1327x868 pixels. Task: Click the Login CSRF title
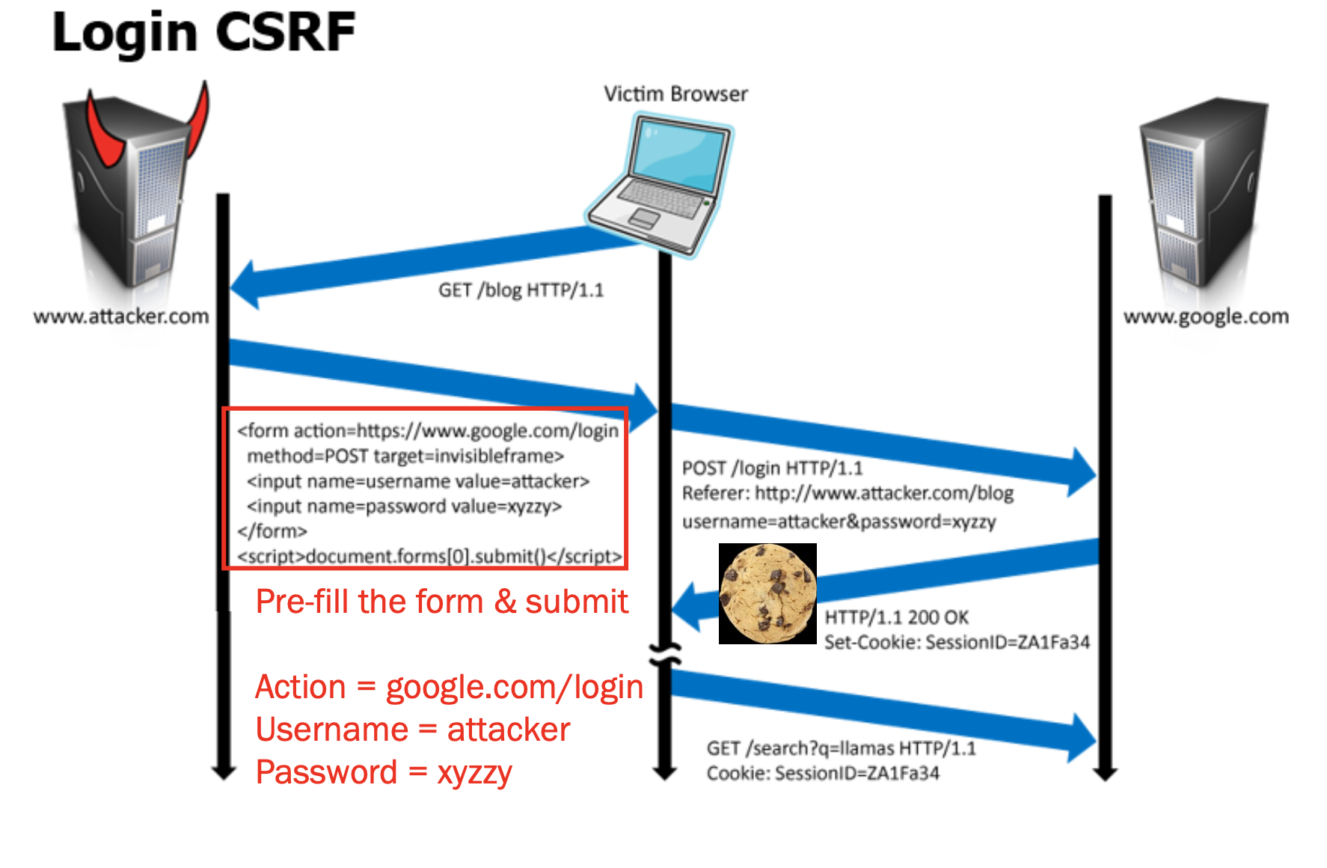tap(203, 33)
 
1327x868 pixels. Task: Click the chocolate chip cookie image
tap(767, 593)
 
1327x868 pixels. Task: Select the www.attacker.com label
tap(121, 317)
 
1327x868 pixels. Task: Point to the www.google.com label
tap(1206, 317)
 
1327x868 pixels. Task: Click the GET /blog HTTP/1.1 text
tap(521, 290)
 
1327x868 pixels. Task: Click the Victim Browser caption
tap(675, 94)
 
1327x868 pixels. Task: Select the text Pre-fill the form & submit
tap(441, 602)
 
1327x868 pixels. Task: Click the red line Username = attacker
tap(413, 730)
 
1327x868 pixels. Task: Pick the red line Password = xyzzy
tap(384, 772)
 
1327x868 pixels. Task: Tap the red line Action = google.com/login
tap(449, 687)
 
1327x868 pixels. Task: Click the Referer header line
tap(848, 494)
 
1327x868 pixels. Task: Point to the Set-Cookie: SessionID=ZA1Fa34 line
tap(957, 642)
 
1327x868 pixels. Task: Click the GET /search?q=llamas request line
tap(841, 748)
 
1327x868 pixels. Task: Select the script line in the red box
tap(429, 557)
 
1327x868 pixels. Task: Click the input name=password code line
tap(404, 507)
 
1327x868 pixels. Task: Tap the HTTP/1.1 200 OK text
tap(896, 617)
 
